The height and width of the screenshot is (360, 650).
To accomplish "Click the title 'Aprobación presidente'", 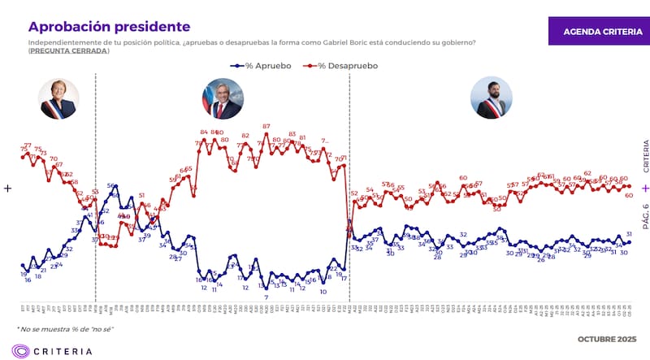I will pyautogui.click(x=109, y=27).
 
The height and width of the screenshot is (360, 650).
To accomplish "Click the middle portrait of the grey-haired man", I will pyautogui.click(x=222, y=100).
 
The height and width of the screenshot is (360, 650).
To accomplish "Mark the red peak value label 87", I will pyautogui.click(x=266, y=126).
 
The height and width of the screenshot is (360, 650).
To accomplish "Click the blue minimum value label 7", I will pyautogui.click(x=266, y=297).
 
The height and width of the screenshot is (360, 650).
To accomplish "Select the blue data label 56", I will pyautogui.click(x=110, y=187).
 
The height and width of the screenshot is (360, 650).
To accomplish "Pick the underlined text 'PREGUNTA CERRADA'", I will pyautogui.click(x=68, y=51).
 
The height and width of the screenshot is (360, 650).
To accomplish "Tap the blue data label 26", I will pyautogui.click(x=540, y=259).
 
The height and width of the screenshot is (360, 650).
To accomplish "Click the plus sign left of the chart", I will pyautogui.click(x=8, y=188).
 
